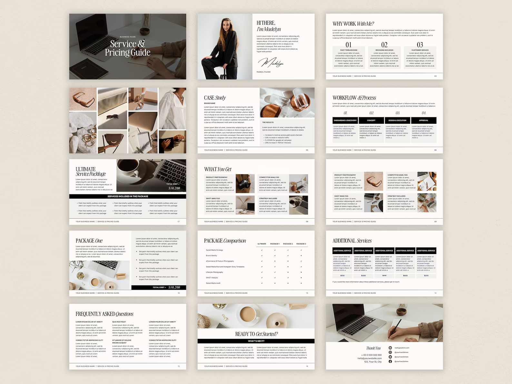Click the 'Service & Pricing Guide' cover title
(x=128, y=48)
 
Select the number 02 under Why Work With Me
(x=384, y=45)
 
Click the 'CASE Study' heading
(x=215, y=98)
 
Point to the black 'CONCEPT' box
(x=371, y=120)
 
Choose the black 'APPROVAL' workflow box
(x=424, y=120)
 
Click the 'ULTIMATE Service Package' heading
(x=91, y=172)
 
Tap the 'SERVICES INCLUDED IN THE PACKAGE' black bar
(x=128, y=196)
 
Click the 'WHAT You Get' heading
(x=218, y=169)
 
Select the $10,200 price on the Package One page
(x=174, y=287)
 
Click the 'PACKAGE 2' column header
(x=288, y=244)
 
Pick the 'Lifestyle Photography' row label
(x=214, y=272)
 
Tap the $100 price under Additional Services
(x=342, y=276)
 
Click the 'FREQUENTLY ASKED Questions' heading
(x=104, y=314)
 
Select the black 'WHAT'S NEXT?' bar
(x=256, y=341)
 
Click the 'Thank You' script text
(x=373, y=348)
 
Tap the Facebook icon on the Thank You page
(x=390, y=361)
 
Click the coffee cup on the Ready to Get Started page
(x=248, y=313)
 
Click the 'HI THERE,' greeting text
(x=266, y=23)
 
